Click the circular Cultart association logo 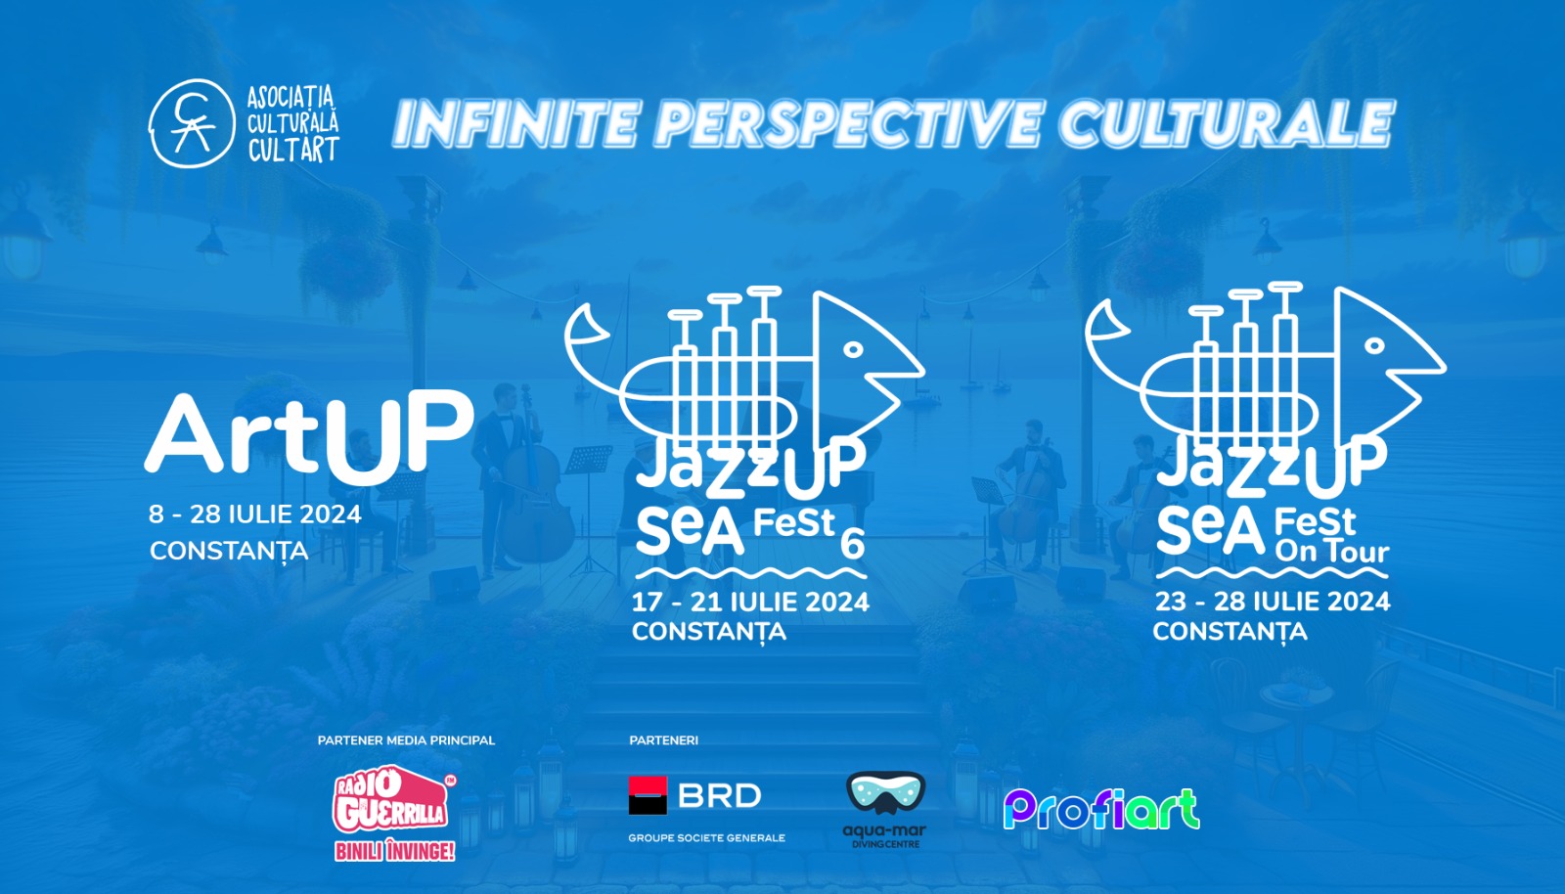coord(192,124)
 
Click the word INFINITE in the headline coord(515,124)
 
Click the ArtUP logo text coord(309,436)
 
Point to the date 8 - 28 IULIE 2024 coord(255,514)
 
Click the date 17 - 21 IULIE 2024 coord(750,602)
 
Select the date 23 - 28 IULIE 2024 coord(1272,601)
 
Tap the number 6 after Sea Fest coord(853,544)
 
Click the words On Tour coord(1331,552)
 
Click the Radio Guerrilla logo coord(392,800)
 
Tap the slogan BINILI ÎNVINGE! coord(394,852)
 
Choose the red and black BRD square coord(648,795)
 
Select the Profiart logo coord(1101,809)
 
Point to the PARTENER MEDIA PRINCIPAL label coord(406,740)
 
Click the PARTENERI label coord(663,740)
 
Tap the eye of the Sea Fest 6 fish coord(853,349)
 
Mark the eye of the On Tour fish coord(1374,345)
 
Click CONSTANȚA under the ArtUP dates coord(229,552)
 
